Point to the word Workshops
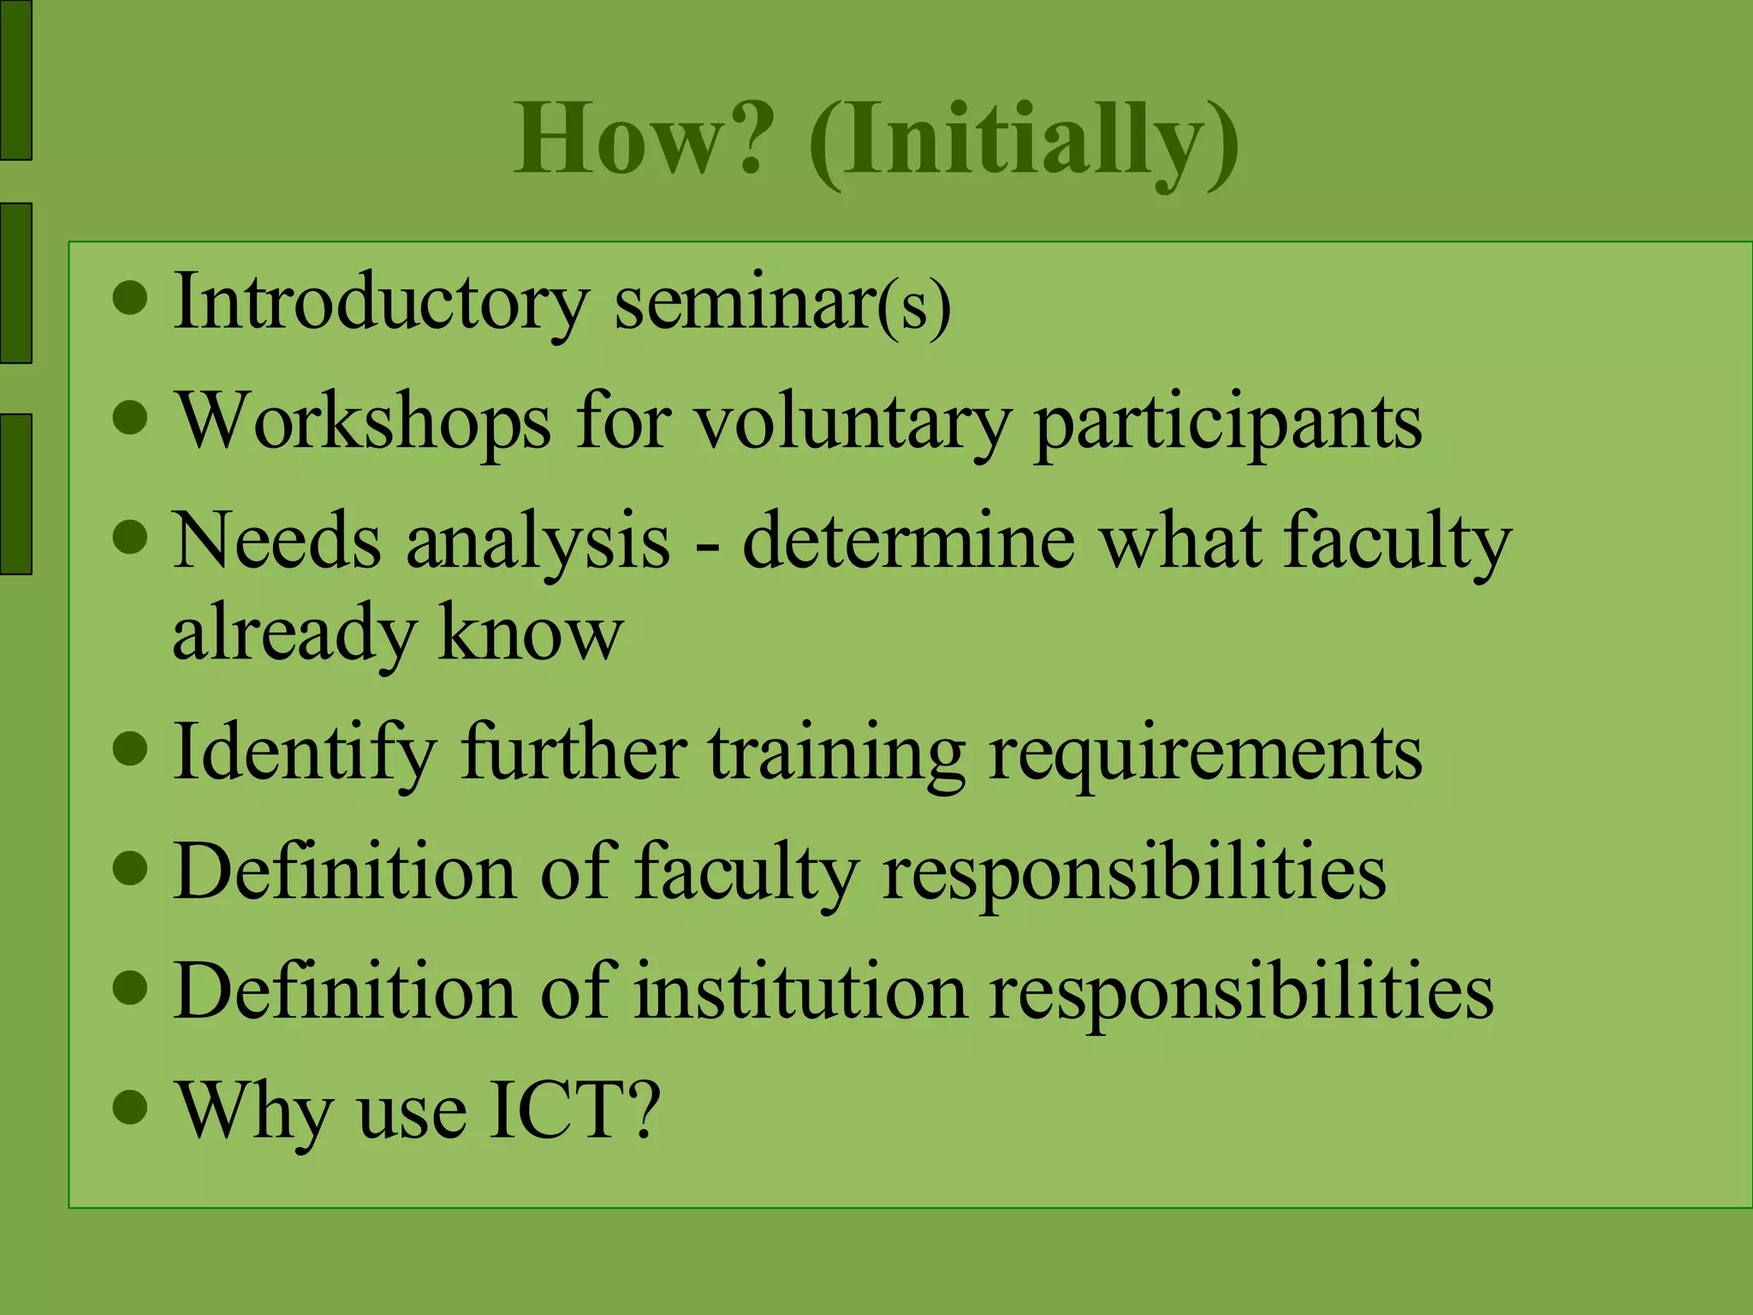pos(363,422)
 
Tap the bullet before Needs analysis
pos(130,538)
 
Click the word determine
pos(908,541)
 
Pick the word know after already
pos(530,633)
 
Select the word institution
pos(800,991)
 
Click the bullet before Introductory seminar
pos(130,300)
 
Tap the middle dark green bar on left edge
pos(15,283)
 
